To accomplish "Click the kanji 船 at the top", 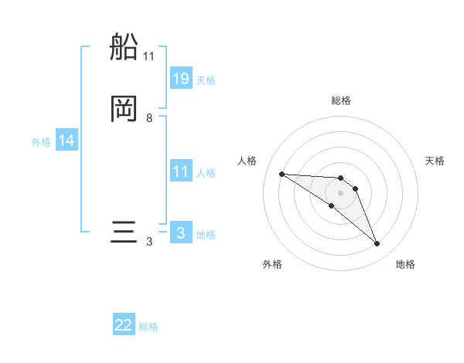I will [x=125, y=48].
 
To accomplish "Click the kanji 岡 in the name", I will [x=125, y=109].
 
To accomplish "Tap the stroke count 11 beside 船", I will [x=149, y=56].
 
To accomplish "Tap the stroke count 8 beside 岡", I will [x=149, y=118].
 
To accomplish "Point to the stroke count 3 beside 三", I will [x=149, y=242].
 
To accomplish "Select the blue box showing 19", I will [x=181, y=79].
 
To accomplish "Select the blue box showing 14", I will [x=67, y=141].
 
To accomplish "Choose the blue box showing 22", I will [x=124, y=326].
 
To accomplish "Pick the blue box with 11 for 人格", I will [x=181, y=171].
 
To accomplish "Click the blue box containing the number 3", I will [x=181, y=233].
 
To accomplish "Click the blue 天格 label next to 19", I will [x=206, y=80].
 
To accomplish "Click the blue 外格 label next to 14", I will [x=41, y=141].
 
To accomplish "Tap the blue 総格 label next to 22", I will [x=148, y=327].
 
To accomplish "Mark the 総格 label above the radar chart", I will [x=340, y=100].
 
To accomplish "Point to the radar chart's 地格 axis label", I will [x=405, y=265].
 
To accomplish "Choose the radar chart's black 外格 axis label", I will [x=272, y=265].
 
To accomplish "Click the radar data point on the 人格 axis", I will [x=281, y=174].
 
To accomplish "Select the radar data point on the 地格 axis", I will [x=377, y=244].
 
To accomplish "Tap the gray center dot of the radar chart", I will [x=340, y=192].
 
